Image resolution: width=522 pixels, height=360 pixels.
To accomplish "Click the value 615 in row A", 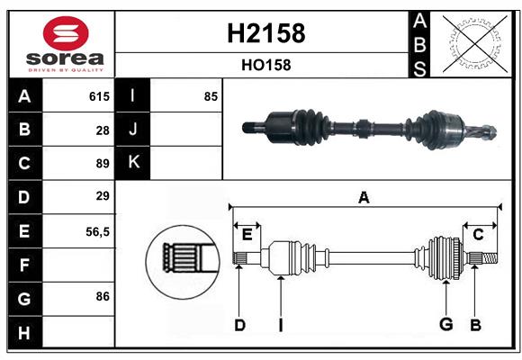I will (x=99, y=96).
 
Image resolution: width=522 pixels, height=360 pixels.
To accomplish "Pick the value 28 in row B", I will (x=103, y=130).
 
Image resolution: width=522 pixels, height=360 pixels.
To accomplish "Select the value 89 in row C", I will (x=103, y=163).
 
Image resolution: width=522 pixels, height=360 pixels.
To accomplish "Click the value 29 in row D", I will (x=103, y=196).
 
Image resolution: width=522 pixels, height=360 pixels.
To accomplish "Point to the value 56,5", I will (x=97, y=230).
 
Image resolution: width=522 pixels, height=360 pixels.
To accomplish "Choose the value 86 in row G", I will (x=103, y=295).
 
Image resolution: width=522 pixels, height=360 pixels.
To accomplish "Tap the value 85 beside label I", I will (x=211, y=96).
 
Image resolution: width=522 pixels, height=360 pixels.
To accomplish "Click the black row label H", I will (x=24, y=332).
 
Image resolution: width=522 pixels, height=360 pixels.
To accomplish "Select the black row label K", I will (x=133, y=163).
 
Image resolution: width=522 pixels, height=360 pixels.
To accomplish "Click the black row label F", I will (x=24, y=265).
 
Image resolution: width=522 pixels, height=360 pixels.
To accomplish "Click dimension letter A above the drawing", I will (x=364, y=197).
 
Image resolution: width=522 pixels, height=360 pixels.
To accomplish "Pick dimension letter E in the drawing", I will (x=247, y=235).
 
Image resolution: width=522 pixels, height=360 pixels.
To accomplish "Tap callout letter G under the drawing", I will (x=444, y=325).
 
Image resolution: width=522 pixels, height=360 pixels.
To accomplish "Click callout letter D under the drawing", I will (x=239, y=325).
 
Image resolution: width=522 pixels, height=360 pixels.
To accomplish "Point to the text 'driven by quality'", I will (x=60, y=68).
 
